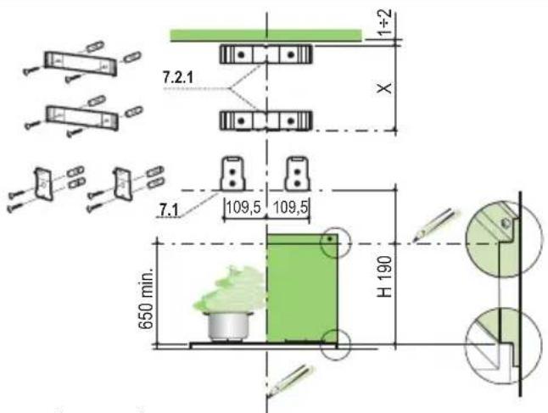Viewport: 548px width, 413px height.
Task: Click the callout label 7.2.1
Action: pyautogui.click(x=177, y=77)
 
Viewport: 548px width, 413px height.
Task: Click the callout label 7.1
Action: pyautogui.click(x=169, y=210)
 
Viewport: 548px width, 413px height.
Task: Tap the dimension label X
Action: pyautogui.click(x=385, y=88)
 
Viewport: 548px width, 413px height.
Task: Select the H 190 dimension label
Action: pyautogui.click(x=385, y=276)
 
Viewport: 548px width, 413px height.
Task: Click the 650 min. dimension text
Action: pyautogui.click(x=146, y=299)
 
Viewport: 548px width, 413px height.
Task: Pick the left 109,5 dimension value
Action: pyautogui.click(x=243, y=208)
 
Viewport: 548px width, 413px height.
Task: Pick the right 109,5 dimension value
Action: pyautogui.click(x=291, y=208)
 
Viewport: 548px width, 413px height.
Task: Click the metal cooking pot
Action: pyautogui.click(x=229, y=326)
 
